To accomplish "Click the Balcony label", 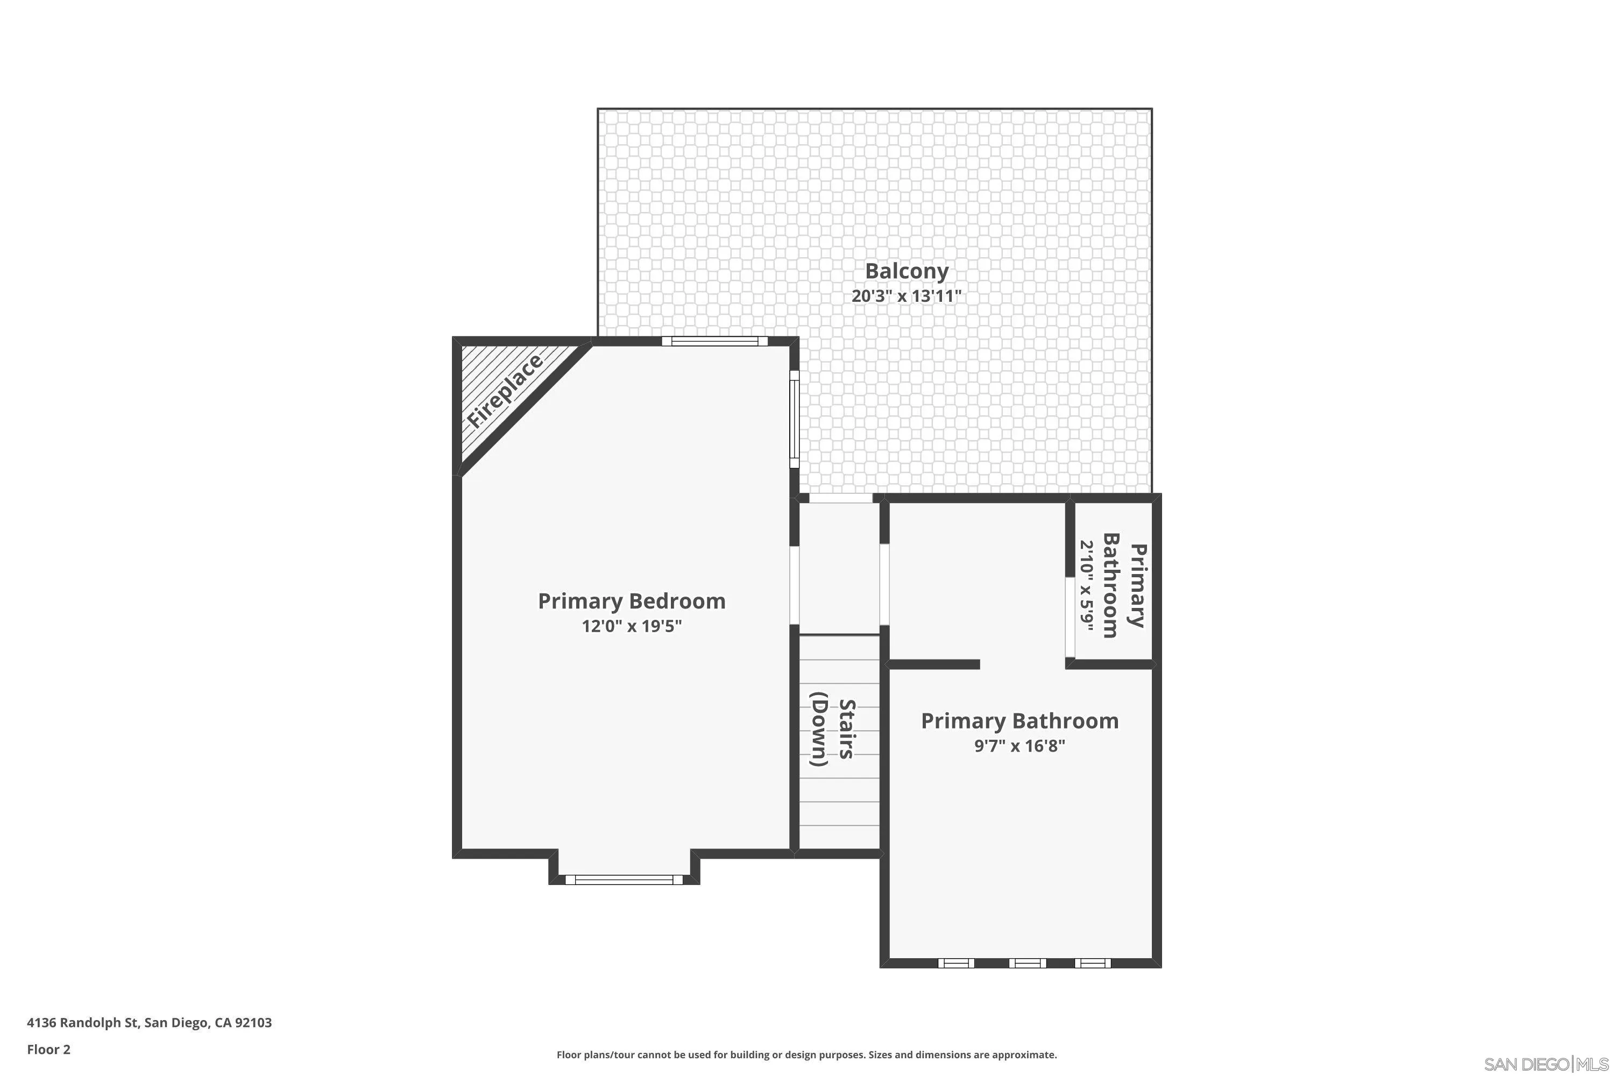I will (x=906, y=272).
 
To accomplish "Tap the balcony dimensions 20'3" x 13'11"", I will (x=906, y=296).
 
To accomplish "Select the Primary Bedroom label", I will (x=631, y=601).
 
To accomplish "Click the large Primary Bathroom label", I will (x=1019, y=721).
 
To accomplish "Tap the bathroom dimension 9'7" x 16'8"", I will (x=1019, y=746).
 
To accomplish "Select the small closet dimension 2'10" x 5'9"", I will (x=1086, y=589).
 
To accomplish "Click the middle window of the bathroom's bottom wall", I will (x=1027, y=964).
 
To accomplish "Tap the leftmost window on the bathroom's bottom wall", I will (x=956, y=964).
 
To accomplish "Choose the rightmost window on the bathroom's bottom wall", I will (x=1093, y=964).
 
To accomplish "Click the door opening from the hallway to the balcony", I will (x=840, y=498).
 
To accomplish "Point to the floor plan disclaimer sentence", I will (x=806, y=1054).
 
